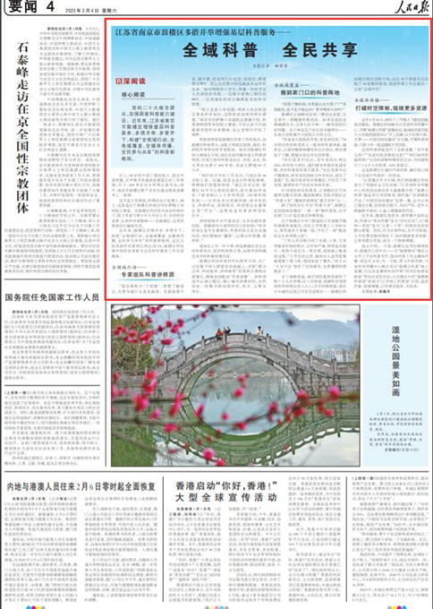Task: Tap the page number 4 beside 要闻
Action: pos(51,8)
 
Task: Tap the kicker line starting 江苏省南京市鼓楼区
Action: pos(250,31)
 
